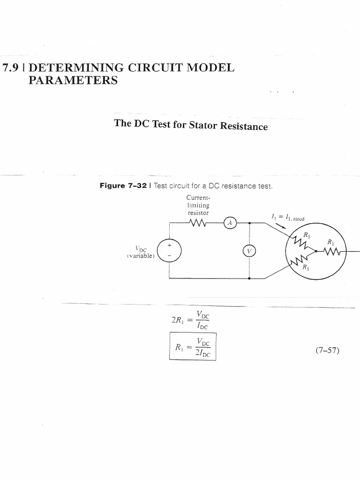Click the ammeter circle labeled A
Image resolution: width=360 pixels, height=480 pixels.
[230, 224]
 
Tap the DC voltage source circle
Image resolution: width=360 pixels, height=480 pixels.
[169, 250]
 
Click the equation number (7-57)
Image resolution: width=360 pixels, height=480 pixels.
[328, 350]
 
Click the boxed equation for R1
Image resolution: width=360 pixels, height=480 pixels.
[193, 346]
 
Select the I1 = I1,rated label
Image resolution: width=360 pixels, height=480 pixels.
[287, 217]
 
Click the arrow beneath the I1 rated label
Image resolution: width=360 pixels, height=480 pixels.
[281, 226]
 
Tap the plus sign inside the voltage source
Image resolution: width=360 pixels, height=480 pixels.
[169, 245]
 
